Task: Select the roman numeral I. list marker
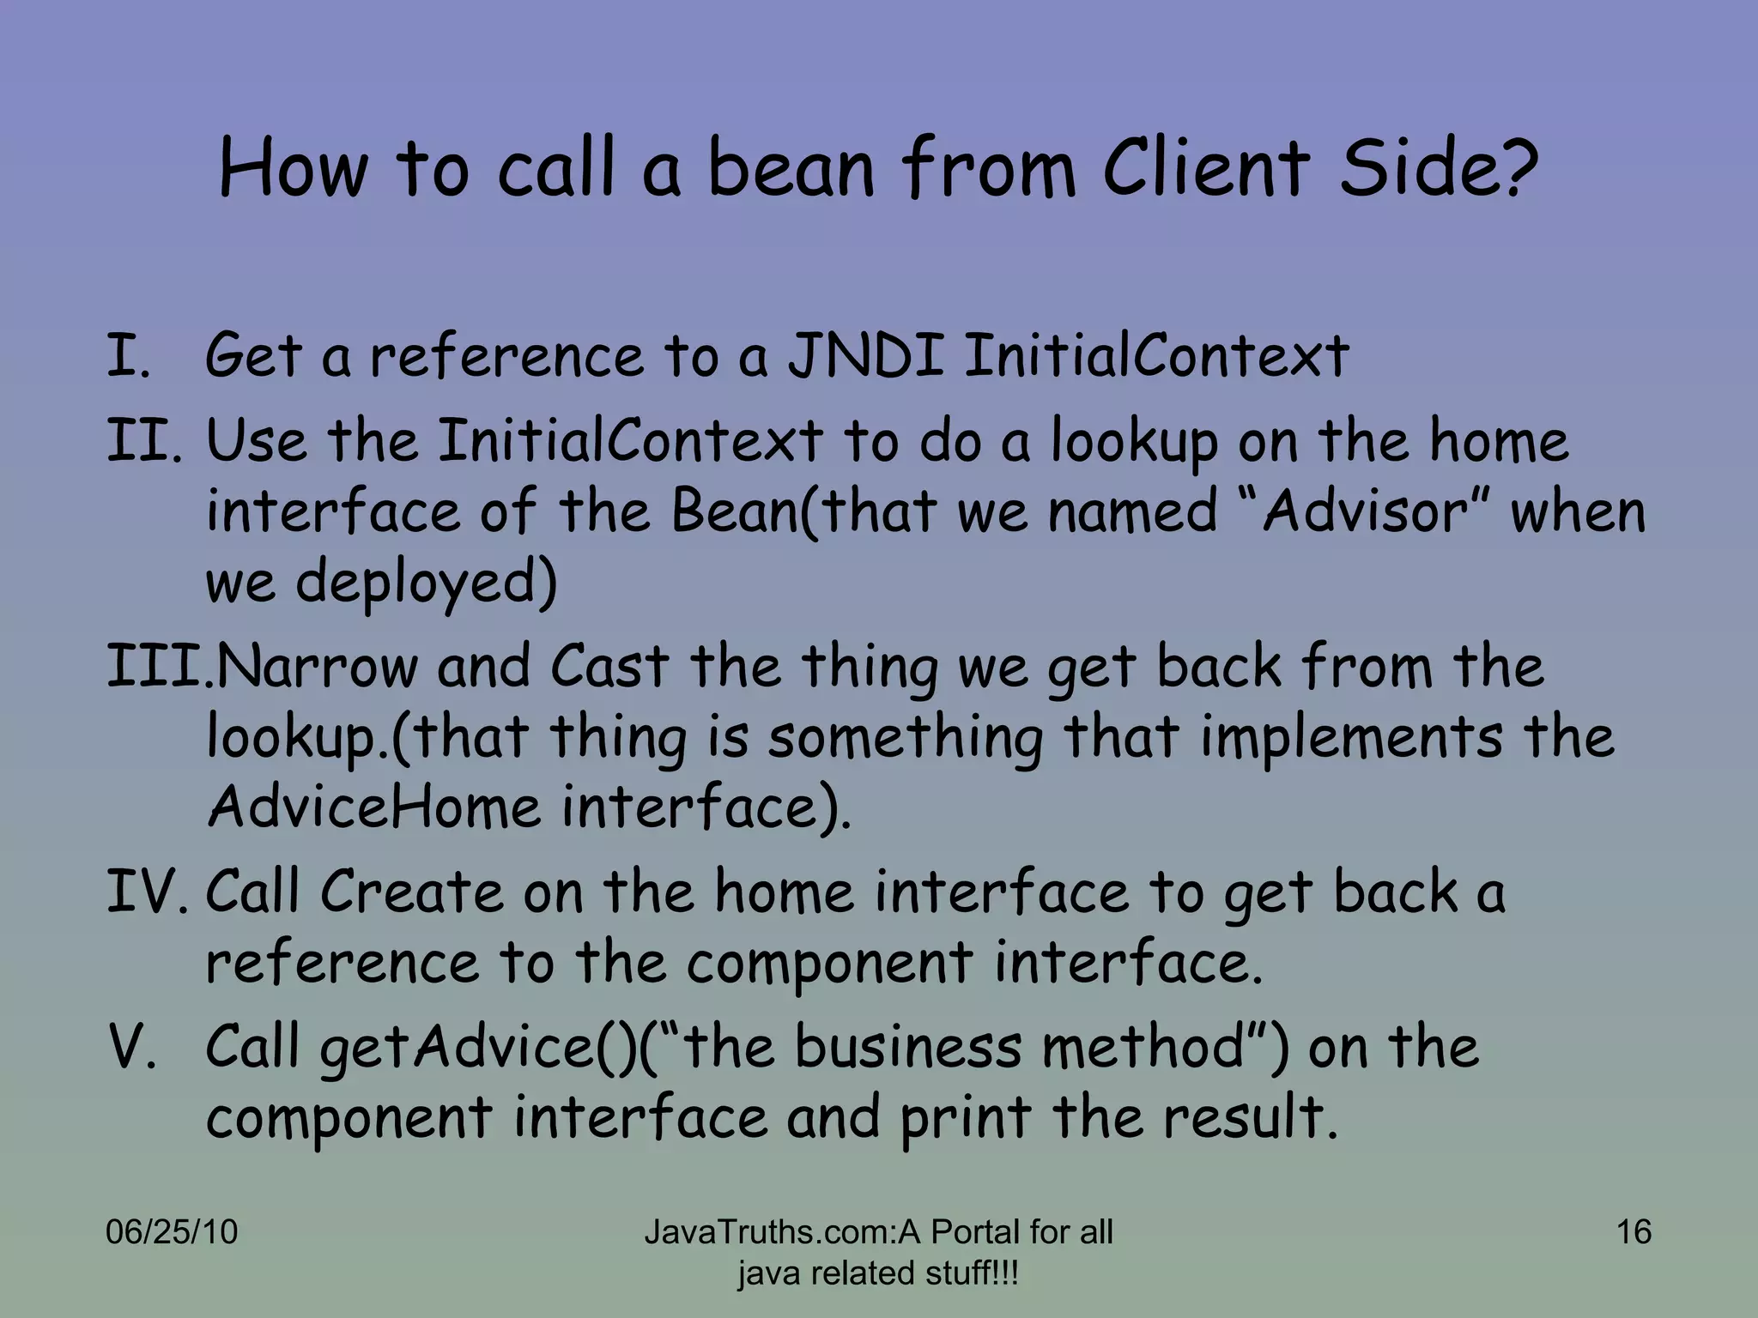(x=128, y=356)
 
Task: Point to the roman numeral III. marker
(x=159, y=667)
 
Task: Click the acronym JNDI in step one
(x=866, y=356)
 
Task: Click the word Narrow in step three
(x=316, y=667)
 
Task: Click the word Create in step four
(x=411, y=892)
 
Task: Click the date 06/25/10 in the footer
(x=171, y=1232)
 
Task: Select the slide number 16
(x=1634, y=1232)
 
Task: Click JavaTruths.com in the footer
(x=769, y=1232)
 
